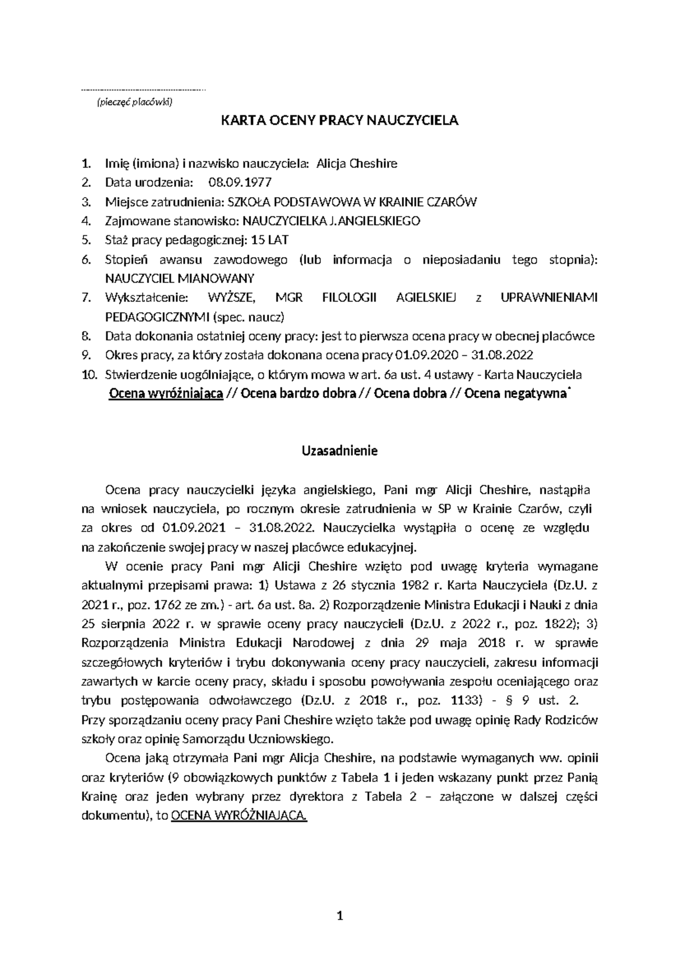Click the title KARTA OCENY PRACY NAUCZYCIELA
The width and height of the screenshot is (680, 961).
339,121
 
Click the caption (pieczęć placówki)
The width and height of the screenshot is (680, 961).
134,102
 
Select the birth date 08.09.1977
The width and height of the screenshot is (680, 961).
240,183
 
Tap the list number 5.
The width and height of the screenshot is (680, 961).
86,240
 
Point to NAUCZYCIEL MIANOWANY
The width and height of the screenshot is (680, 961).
180,279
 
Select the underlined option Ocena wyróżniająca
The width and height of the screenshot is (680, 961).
165,394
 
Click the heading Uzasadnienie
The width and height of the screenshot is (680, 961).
339,451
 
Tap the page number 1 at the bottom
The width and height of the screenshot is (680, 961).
339,916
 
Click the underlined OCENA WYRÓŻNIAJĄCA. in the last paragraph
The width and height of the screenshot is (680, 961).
239,817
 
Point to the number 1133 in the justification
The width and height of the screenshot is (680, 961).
466,701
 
